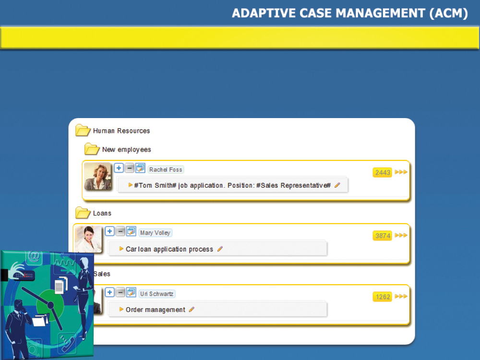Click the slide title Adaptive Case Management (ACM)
[350, 13]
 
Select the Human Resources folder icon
[83, 130]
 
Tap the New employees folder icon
[92, 149]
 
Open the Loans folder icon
[83, 213]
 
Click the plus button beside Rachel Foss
[119, 168]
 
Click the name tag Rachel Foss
[166, 169]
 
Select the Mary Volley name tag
[155, 233]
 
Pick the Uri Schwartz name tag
[157, 294]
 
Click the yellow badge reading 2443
[383, 172]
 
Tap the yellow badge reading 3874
[383, 236]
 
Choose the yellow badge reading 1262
[383, 297]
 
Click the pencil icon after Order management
[192, 310]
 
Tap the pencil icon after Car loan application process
[220, 249]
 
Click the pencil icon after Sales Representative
[337, 185]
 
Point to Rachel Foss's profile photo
[97, 176]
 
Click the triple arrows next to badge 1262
[401, 296]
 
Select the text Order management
[156, 310]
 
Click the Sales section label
[102, 274]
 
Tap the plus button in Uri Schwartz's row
[109, 292]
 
